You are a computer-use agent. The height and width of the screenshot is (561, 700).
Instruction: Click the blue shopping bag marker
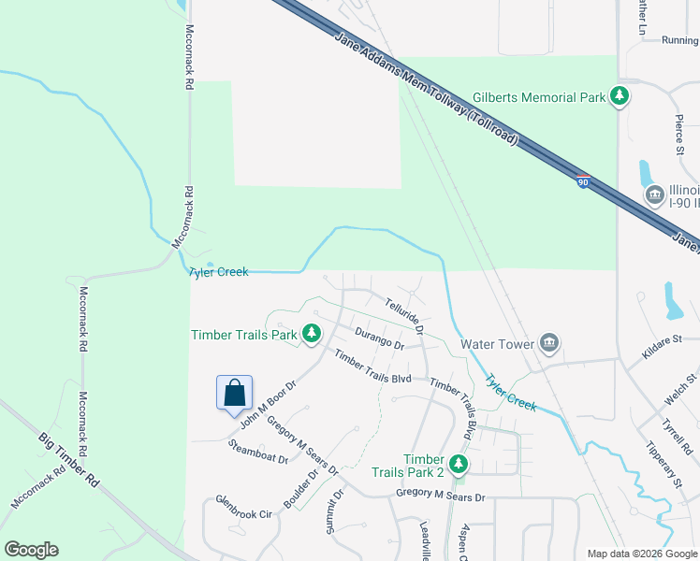(234, 393)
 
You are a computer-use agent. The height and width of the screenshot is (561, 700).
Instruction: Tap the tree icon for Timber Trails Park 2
(458, 464)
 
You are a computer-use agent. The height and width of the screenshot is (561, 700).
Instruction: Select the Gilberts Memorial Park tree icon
(618, 96)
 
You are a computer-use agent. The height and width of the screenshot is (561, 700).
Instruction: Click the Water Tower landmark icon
(549, 344)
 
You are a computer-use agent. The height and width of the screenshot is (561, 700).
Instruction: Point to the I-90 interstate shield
(582, 183)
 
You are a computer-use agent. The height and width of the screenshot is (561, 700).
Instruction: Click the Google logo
(31, 550)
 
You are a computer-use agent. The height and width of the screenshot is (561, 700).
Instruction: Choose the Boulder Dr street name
(301, 488)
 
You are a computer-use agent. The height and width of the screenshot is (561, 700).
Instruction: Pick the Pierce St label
(680, 136)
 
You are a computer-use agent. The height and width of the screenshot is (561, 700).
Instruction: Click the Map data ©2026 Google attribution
(642, 554)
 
